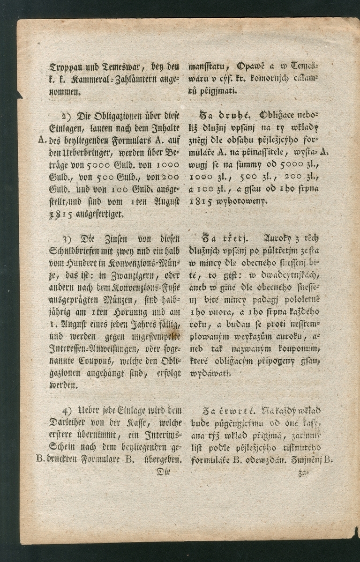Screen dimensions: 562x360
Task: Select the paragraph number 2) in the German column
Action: click(x=66, y=115)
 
